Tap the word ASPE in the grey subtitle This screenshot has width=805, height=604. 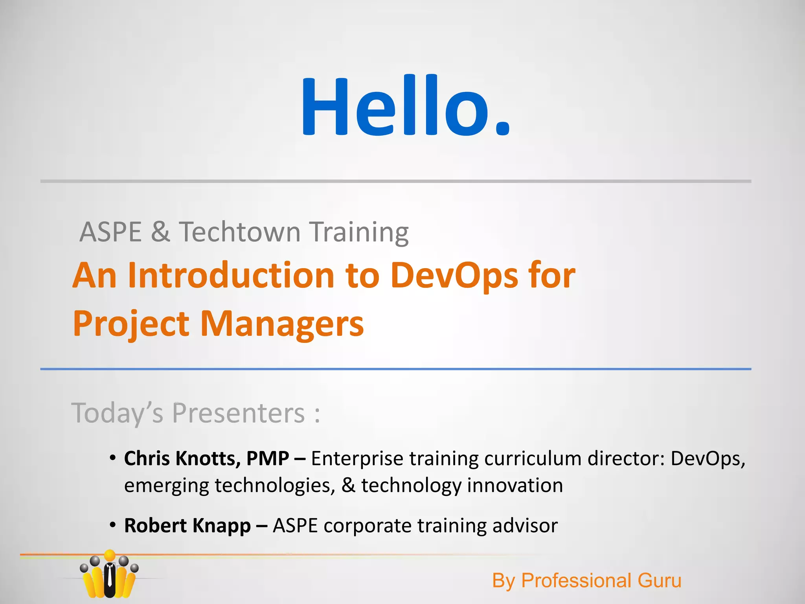[x=110, y=232]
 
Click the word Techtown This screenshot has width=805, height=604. [x=240, y=232]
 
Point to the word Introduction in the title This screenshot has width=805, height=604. [x=231, y=275]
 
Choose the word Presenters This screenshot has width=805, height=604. [x=239, y=413]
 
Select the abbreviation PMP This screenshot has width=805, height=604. [x=268, y=459]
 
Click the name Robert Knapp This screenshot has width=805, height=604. [x=187, y=526]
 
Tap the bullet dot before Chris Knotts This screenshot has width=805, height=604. [x=113, y=458]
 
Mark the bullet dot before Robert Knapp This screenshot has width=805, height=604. [x=113, y=525]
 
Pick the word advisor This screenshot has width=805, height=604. [x=525, y=526]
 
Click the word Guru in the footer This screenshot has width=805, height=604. [x=659, y=580]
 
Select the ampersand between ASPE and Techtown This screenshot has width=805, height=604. [x=160, y=232]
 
